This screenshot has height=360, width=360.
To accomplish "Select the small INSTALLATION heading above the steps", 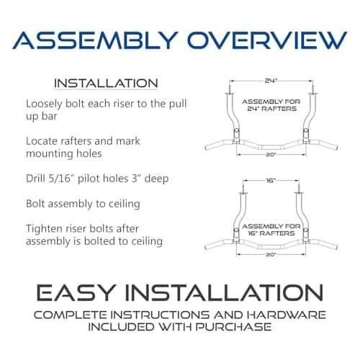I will tap(106, 84).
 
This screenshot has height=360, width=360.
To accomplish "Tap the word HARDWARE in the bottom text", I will tap(281, 315).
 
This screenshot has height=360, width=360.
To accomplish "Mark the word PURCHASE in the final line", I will tap(239, 328).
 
